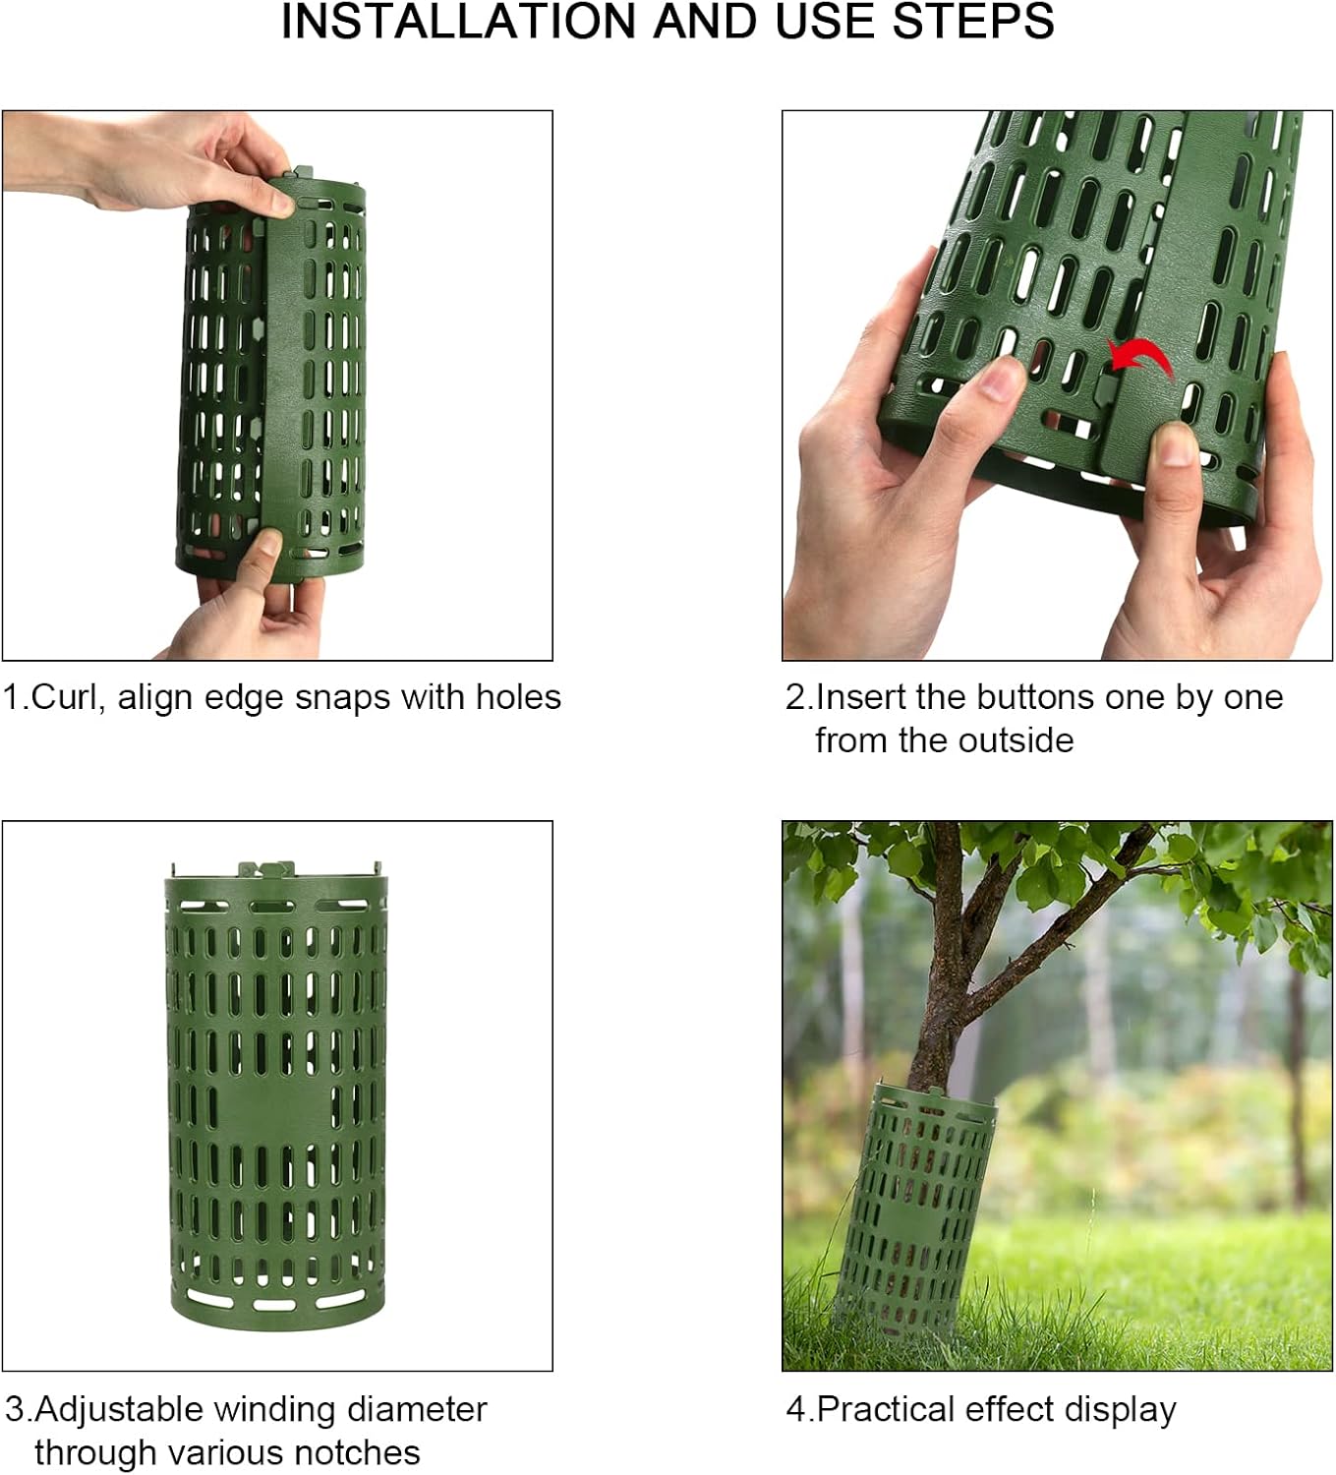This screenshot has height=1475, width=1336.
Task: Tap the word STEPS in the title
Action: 973,22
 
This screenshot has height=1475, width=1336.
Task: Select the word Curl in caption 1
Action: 63,697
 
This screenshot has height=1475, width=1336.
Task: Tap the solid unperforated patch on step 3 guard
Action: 275,1110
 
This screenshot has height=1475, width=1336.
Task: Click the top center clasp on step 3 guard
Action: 265,870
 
